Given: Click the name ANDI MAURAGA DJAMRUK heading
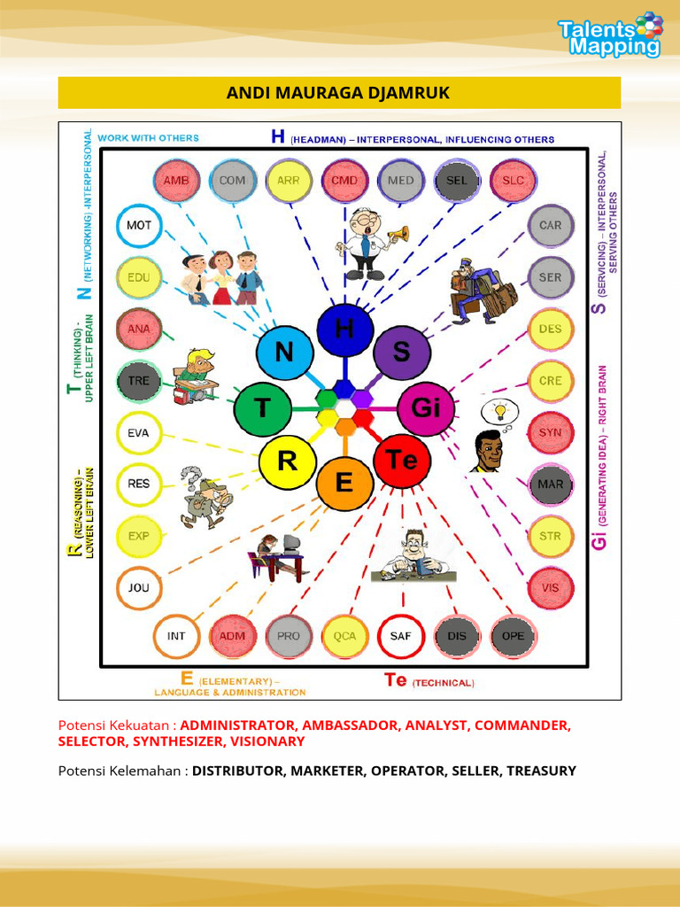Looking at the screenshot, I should tap(339, 93).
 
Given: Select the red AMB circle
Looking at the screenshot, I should tap(176, 181).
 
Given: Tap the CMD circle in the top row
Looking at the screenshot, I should tap(344, 181).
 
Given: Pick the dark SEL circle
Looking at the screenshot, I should tap(457, 181).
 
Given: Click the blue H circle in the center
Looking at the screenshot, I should tap(344, 329).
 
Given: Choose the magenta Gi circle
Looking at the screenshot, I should tap(425, 408).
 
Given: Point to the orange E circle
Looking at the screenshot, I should tap(344, 483).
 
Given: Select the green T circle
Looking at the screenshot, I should tap(262, 408).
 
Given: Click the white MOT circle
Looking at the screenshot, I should tap(139, 225).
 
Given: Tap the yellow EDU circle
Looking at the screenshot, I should tap(139, 277).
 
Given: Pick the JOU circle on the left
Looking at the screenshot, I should tap(139, 587).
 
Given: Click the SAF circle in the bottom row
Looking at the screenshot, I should tap(401, 636).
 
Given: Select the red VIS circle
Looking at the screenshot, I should tap(551, 587).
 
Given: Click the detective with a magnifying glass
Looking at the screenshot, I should tap(205, 499).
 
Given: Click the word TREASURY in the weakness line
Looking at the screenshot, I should tap(541, 771).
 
